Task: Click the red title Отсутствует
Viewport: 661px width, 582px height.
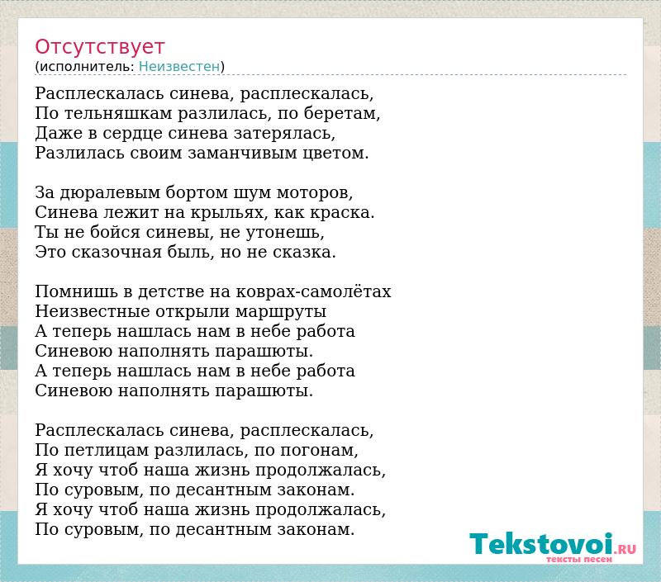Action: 99,47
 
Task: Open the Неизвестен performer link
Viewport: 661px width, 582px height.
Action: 179,67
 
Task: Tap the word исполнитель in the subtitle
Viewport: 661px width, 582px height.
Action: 87,67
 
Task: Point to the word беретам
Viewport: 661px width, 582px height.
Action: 341,114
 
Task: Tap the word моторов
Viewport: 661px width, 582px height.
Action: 314,193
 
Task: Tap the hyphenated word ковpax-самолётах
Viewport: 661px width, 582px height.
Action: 313,291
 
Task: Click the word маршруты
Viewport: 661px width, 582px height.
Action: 280,312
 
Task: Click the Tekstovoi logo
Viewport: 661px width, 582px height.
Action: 552,544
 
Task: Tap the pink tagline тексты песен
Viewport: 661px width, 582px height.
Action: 579,559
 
